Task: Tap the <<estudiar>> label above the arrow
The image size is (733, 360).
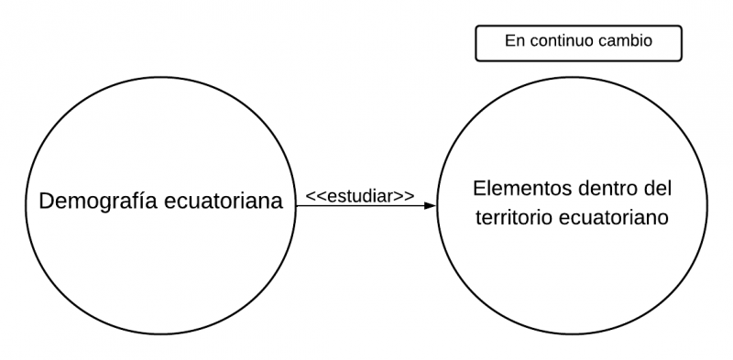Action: click(359, 195)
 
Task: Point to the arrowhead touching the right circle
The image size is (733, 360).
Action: click(431, 206)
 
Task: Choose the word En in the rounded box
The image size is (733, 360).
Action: click(514, 41)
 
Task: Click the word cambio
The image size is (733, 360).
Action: click(630, 41)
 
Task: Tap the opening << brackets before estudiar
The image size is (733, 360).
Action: click(314, 195)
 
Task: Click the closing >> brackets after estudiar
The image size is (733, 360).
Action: click(404, 195)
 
